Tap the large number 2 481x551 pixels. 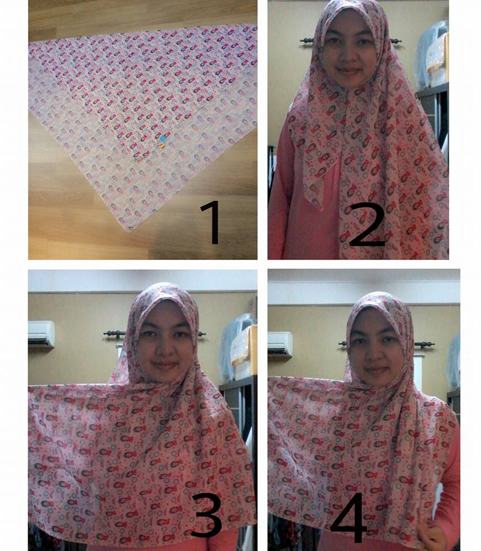point(366,225)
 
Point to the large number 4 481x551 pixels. point(349,517)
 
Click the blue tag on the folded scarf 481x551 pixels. point(162,139)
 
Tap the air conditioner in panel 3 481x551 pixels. point(41,334)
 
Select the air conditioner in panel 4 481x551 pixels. point(280,344)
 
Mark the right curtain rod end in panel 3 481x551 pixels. point(201,334)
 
